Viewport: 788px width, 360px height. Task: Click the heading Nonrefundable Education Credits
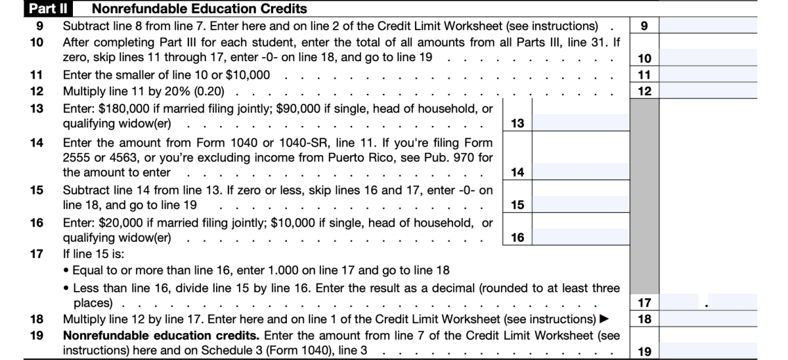(199, 9)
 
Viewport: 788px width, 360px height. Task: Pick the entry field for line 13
(580, 123)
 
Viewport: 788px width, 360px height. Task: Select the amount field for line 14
(580, 172)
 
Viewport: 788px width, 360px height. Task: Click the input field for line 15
(580, 204)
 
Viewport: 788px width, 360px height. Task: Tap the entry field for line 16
(580, 236)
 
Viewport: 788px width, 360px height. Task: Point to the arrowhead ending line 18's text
(605, 319)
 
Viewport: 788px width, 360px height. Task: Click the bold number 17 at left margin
(37, 254)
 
